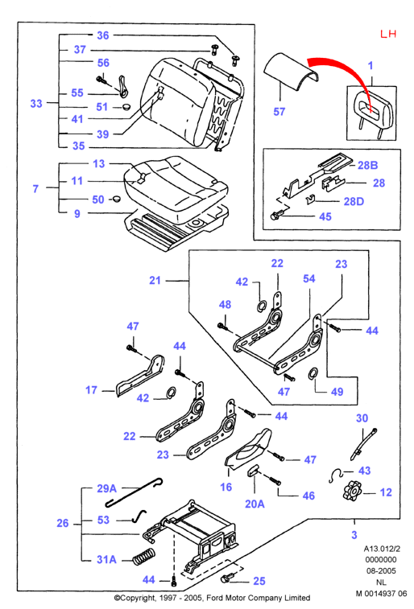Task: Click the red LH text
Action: tap(388, 34)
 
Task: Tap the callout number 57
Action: tap(279, 112)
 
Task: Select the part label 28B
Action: tap(368, 165)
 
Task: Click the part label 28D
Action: tap(354, 201)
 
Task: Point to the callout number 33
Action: tap(36, 104)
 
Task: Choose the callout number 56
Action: tap(103, 63)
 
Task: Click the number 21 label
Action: tap(155, 281)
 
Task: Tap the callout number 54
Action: tap(309, 278)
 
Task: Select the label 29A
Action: tap(106, 488)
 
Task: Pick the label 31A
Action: tap(106, 559)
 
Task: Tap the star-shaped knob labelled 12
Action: tap(352, 490)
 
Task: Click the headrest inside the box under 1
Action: tap(371, 113)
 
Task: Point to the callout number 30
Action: tap(362, 418)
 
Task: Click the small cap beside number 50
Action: tap(115, 199)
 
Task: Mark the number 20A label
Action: tap(255, 504)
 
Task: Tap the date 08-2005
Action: tap(381, 571)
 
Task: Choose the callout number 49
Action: tap(337, 392)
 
